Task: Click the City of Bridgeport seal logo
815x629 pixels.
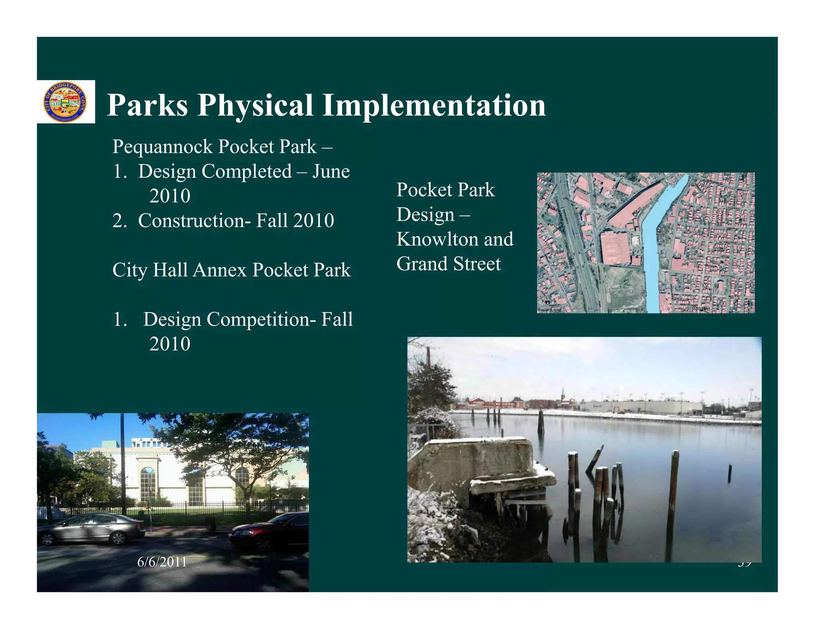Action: pyautogui.click(x=65, y=102)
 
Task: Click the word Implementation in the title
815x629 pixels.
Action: pyautogui.click(x=434, y=105)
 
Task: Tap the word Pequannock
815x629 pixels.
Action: pyautogui.click(x=163, y=147)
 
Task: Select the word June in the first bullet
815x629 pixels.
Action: pyautogui.click(x=331, y=171)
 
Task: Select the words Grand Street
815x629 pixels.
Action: pyautogui.click(x=448, y=264)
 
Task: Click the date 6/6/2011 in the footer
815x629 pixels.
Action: pyautogui.click(x=162, y=562)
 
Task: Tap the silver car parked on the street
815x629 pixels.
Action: pyautogui.click(x=92, y=529)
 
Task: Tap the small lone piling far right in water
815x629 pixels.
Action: pyautogui.click(x=729, y=473)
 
